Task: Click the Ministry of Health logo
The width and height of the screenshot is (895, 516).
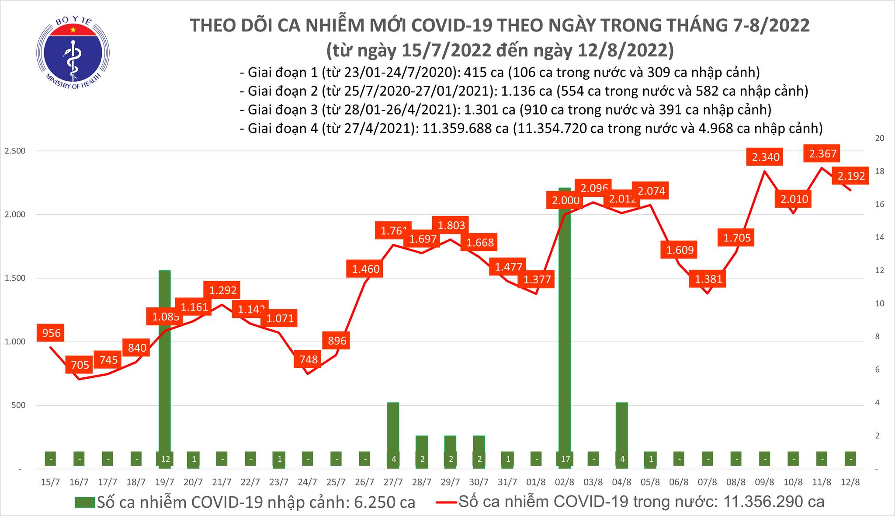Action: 73,52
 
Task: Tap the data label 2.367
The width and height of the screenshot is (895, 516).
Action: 822,153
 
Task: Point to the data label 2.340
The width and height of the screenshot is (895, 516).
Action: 766,157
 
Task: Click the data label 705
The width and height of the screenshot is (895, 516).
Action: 80,365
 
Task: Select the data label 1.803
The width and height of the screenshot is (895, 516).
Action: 451,226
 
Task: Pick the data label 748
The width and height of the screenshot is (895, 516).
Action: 308,360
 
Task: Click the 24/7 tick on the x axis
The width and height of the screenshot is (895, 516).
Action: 307,482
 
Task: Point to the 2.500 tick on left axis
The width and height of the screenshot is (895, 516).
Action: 15,151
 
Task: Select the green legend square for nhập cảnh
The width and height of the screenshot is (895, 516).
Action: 85,502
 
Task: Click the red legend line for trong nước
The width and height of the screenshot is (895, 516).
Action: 446,502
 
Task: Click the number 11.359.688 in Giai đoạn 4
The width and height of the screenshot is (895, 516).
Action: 463,128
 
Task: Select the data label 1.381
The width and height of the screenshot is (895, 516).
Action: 708,279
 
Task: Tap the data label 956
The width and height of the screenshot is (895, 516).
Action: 51,334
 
